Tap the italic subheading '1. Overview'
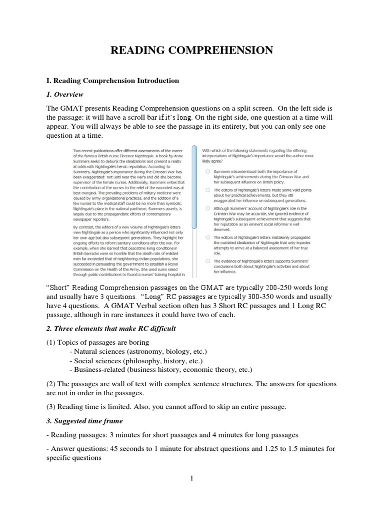[64, 94]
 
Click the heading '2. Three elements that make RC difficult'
[111, 328]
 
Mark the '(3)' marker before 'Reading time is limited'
[51, 407]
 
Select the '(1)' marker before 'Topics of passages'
[51, 342]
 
